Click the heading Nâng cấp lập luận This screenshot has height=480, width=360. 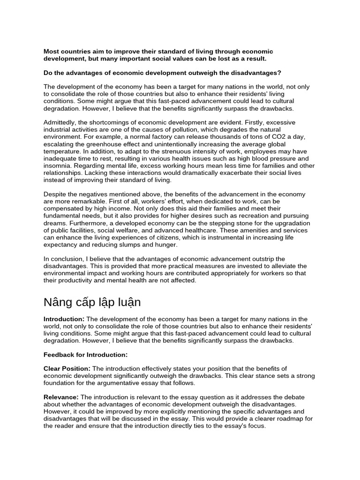click(92, 302)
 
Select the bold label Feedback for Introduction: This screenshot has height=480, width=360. click(86, 354)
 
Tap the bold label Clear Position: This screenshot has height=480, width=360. click(67, 369)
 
